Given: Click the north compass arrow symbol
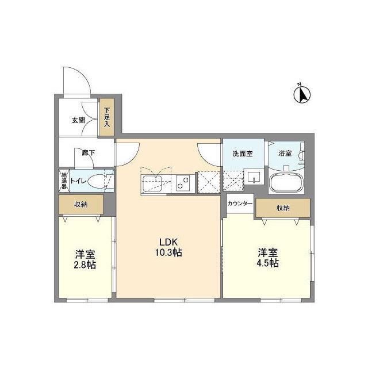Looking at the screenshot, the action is click(x=302, y=94).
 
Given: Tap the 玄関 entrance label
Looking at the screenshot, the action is click(x=78, y=120).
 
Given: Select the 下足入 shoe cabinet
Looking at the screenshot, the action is click(x=107, y=117).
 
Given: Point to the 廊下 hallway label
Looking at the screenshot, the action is click(x=89, y=153).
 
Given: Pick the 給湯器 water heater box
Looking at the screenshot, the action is click(x=64, y=181).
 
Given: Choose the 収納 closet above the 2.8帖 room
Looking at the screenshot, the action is click(x=80, y=205).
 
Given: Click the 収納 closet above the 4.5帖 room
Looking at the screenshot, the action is click(x=283, y=208).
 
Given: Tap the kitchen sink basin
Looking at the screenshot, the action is click(x=152, y=182).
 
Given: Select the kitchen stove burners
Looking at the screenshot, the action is click(x=183, y=183).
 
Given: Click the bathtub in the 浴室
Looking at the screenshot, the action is click(x=286, y=182).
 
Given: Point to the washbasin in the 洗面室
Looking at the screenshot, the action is click(x=254, y=177).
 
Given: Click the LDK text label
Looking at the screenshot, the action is click(x=168, y=241).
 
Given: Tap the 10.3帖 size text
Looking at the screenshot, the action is click(x=168, y=252).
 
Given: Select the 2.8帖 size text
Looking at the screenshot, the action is click(x=85, y=264).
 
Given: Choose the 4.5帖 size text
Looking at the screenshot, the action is click(x=268, y=263).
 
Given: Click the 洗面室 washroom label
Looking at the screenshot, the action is click(x=243, y=154).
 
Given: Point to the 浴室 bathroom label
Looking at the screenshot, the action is click(x=285, y=154).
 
